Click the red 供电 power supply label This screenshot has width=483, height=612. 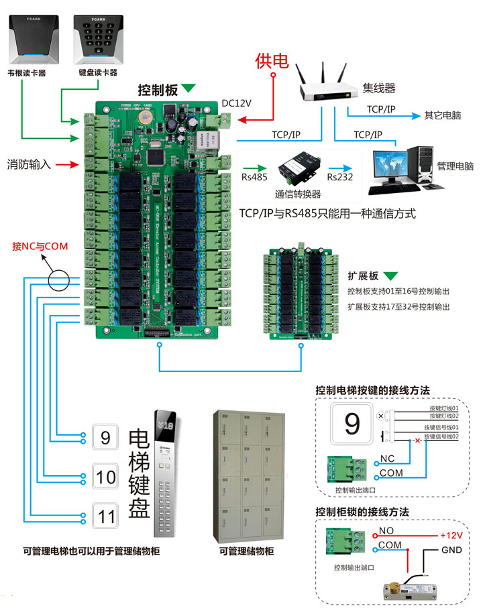272,62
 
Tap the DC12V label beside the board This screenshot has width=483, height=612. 236,103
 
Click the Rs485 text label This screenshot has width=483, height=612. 254,177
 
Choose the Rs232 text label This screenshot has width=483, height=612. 340,177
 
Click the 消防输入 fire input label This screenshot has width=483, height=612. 29,164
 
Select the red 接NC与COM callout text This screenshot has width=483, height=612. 40,246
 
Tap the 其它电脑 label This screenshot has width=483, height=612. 442,115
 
